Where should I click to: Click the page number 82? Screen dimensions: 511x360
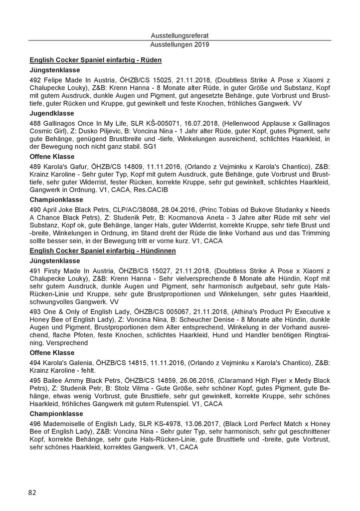tap(32, 492)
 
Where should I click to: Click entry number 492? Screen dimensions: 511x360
tap(36, 80)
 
